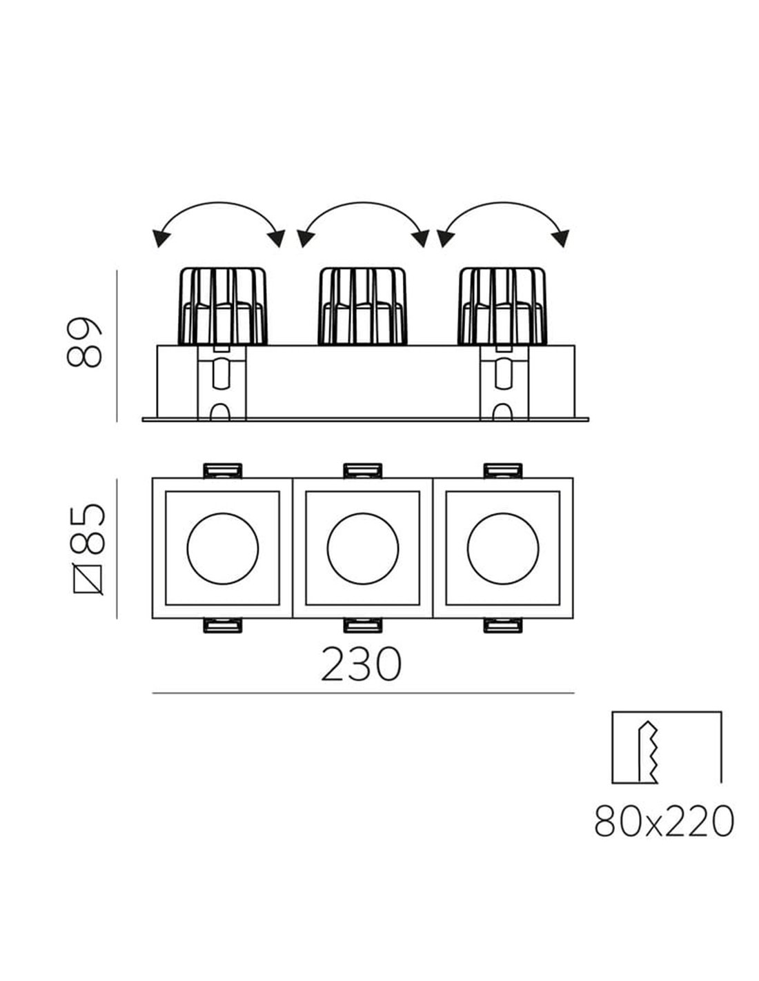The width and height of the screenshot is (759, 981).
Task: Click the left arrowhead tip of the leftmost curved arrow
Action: click(157, 247)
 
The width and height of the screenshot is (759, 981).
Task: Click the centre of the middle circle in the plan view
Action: click(362, 548)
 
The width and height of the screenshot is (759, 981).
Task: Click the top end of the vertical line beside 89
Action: click(117, 270)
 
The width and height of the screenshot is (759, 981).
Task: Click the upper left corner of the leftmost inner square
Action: click(166, 492)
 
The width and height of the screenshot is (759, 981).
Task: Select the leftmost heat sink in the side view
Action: click(224, 306)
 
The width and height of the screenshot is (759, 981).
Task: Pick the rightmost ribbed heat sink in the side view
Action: click(502, 306)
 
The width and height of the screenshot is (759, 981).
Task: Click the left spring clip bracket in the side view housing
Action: click(222, 383)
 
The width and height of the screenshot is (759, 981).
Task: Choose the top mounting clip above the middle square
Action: click(362, 470)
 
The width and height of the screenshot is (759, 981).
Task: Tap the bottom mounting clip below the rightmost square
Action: click(503, 625)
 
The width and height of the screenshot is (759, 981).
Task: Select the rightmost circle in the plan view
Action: click(503, 548)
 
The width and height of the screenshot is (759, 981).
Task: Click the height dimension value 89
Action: click(84, 341)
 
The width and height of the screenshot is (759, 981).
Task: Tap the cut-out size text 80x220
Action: click(664, 820)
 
